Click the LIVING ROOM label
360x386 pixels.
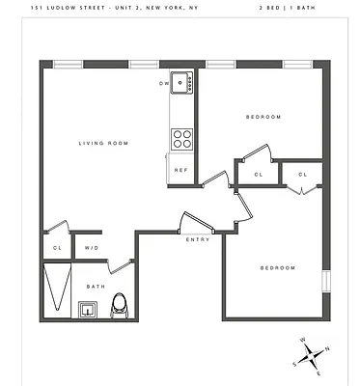pyautogui.click(x=103, y=144)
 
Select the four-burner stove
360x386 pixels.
pyautogui.click(x=180, y=140)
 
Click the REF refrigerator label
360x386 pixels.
pyautogui.click(x=180, y=170)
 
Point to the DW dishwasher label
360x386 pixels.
pyautogui.click(x=164, y=83)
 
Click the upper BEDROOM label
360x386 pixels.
pyautogui.click(x=263, y=117)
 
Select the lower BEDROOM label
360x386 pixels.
pyautogui.click(x=276, y=267)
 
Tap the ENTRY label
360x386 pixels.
pyautogui.click(x=198, y=239)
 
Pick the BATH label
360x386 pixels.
pyautogui.click(x=96, y=287)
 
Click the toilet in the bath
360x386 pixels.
pyautogui.click(x=120, y=305)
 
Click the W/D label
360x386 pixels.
pyautogui.click(x=92, y=248)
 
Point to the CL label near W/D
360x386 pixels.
pyautogui.click(x=57, y=248)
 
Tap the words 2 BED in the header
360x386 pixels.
pyautogui.click(x=270, y=7)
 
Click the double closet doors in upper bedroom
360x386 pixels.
pyautogui.click(x=301, y=189)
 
